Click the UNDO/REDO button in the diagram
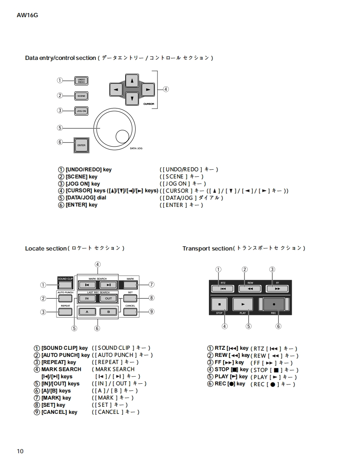pos(81,81)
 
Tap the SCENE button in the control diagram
pos(81,96)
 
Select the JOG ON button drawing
pos(81,111)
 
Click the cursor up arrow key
pos(132,80)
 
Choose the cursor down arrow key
pos(132,98)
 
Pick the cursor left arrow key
pos(115,89)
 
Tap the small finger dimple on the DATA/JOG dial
pos(122,136)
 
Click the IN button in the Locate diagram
pos(87,299)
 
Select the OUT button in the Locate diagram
pos(108,299)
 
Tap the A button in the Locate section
pos(87,312)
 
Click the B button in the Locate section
pos(108,312)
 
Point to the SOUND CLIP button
pos(65,285)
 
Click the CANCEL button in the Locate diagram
pos(130,312)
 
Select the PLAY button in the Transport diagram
pos(243,304)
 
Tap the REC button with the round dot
pos(274,304)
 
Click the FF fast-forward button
pos(278,289)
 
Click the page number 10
pos(21,451)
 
